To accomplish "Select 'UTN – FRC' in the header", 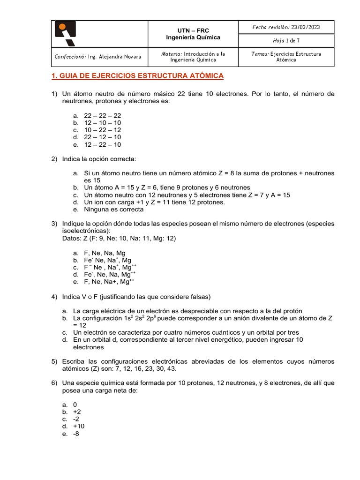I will (x=193, y=30).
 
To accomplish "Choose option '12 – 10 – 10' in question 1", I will (x=102, y=122).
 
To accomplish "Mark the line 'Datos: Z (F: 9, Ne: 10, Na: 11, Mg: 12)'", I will (x=119, y=238).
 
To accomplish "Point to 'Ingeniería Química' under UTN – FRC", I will (x=193, y=37).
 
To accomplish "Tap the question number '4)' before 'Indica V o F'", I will (x=54, y=297).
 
